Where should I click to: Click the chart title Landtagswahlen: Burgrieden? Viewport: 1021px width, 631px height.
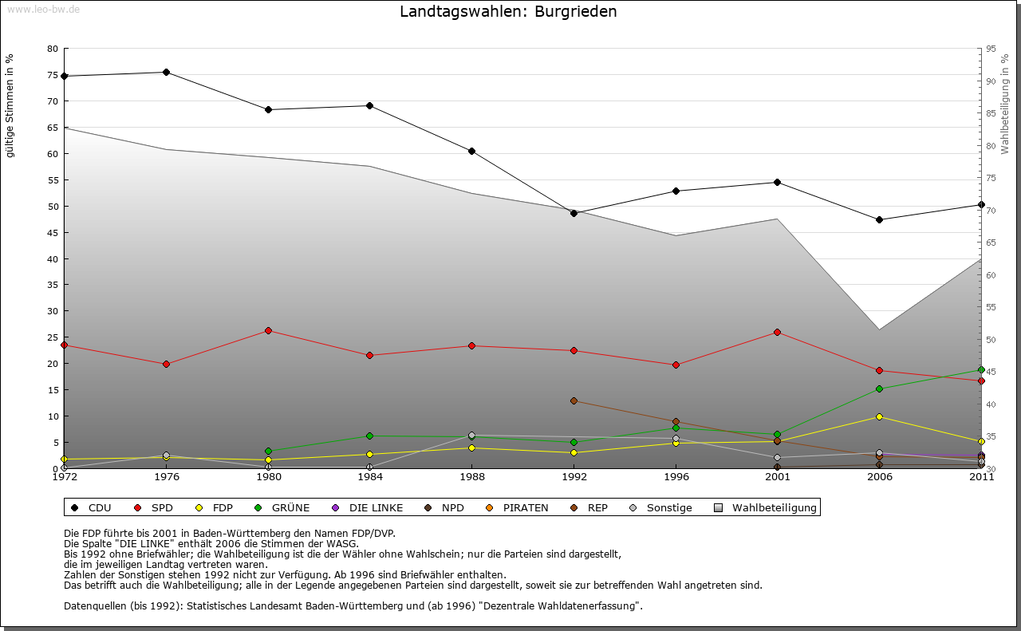tap(508, 12)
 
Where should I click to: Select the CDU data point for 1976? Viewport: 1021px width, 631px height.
tap(166, 73)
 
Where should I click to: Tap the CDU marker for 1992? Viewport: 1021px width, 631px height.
tap(574, 213)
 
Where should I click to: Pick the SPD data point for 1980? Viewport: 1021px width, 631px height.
tap(268, 330)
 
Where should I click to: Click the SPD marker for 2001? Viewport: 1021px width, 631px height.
tap(777, 332)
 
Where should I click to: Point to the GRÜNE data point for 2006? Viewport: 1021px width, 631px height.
tap(879, 388)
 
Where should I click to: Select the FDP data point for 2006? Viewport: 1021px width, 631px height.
tap(879, 416)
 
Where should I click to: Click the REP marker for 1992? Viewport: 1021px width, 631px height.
tap(574, 400)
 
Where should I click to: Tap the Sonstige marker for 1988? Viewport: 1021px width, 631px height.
tap(471, 436)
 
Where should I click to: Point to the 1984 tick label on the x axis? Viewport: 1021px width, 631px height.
tap(370, 478)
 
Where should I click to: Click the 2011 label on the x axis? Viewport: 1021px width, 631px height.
tap(981, 478)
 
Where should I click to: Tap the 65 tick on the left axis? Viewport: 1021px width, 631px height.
tap(52, 128)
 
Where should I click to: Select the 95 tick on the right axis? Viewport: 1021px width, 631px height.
tap(991, 49)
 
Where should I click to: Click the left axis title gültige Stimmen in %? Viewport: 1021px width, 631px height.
tap(10, 106)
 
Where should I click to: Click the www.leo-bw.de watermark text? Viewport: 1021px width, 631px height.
tap(43, 9)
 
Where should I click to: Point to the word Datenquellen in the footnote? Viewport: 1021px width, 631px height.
tap(99, 605)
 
